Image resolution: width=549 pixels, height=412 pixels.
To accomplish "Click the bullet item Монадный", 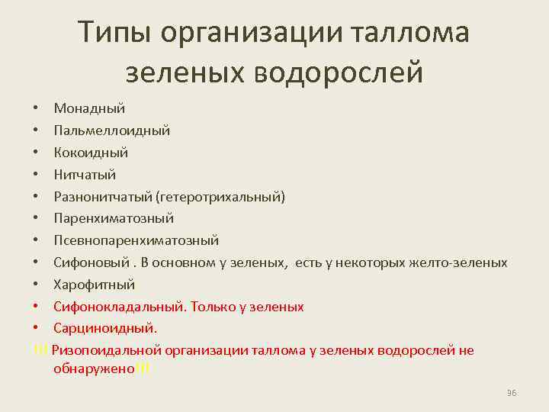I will (89, 109).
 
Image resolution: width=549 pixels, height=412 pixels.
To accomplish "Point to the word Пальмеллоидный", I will (111, 131).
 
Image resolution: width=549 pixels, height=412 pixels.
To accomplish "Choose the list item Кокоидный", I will (91, 153).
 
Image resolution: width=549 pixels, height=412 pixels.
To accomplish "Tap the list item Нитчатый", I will (85, 175).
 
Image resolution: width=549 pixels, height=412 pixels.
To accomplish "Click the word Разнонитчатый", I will (102, 197).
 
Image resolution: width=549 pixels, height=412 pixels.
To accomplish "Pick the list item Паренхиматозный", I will (114, 219).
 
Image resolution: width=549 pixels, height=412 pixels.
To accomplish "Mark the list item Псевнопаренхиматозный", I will (136, 241).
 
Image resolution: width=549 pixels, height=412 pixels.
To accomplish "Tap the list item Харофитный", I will (94, 285).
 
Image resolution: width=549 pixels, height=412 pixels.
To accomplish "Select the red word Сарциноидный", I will (104, 329).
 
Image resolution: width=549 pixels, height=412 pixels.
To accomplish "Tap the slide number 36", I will (512, 392).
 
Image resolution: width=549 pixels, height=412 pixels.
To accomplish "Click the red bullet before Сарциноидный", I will (38, 329).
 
